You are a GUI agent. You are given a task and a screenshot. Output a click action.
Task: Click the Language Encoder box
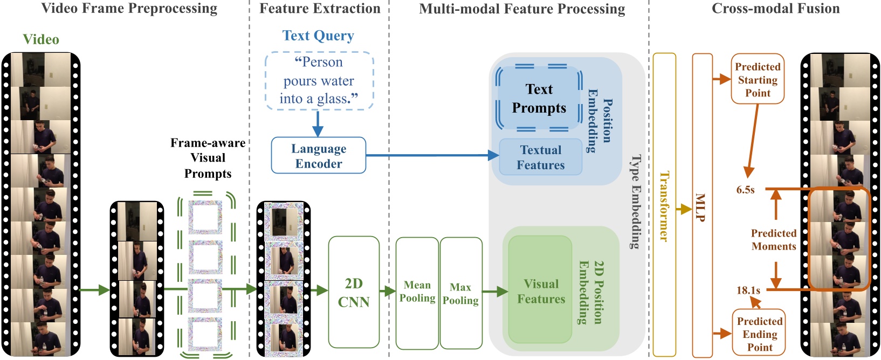click(318, 156)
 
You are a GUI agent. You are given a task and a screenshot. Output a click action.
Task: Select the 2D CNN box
click(354, 292)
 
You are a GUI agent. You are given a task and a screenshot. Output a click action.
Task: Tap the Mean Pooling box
click(417, 292)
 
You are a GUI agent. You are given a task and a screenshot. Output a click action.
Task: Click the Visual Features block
click(541, 291)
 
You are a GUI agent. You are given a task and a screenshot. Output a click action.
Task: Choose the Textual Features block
click(540, 157)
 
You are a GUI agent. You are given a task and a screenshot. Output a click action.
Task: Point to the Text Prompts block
click(539, 99)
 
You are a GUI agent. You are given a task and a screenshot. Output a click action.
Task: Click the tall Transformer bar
click(664, 205)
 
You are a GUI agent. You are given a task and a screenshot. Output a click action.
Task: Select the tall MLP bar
click(701, 205)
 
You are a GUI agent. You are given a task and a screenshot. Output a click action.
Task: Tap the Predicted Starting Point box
click(758, 79)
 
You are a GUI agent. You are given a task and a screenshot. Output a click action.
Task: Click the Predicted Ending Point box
click(759, 334)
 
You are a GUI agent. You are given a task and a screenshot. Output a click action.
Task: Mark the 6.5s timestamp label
click(746, 190)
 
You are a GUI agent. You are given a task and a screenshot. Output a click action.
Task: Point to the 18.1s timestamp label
click(748, 290)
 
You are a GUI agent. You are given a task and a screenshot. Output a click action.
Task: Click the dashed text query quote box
click(319, 81)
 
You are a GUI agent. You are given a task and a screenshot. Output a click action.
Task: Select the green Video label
click(41, 39)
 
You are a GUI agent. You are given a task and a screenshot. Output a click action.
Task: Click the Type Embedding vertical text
click(636, 202)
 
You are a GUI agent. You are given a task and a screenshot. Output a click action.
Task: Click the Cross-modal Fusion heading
click(775, 9)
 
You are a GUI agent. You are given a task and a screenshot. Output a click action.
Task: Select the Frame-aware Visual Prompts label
click(208, 158)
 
